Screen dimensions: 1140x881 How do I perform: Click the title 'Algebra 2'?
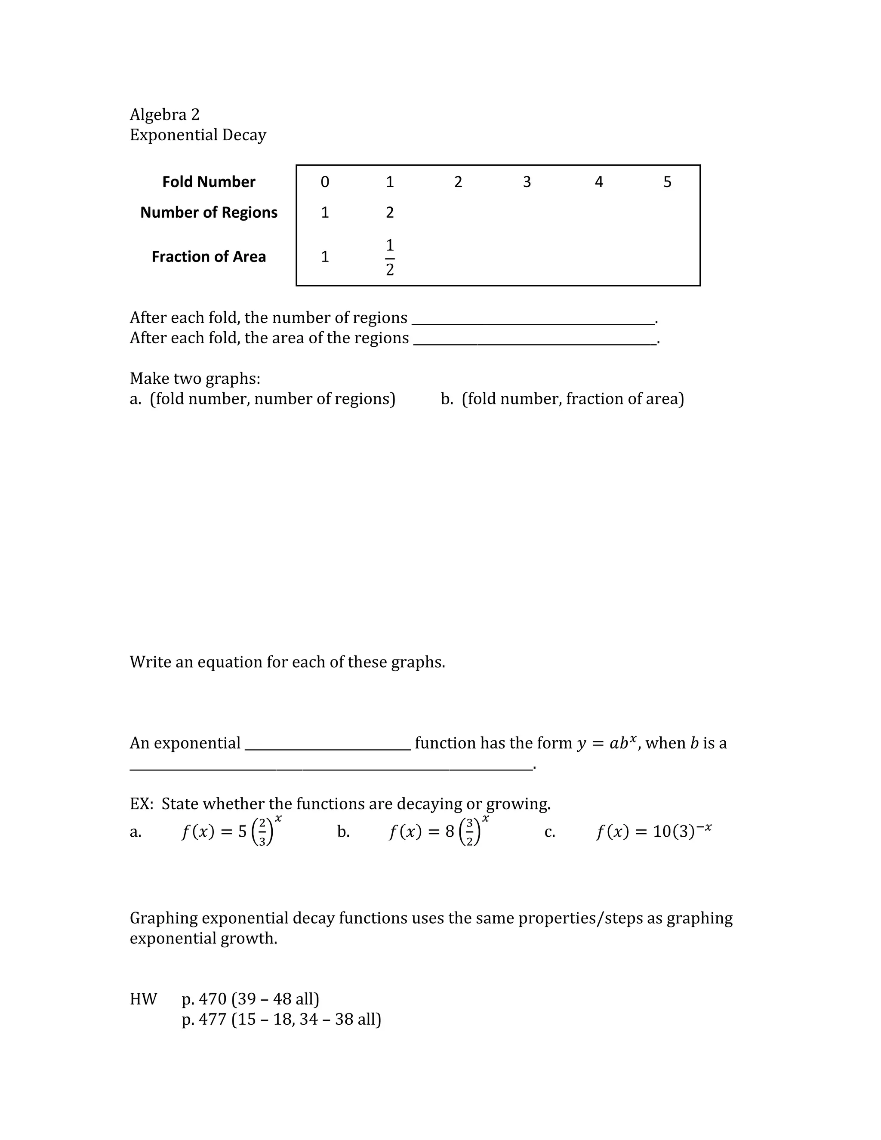[x=164, y=114]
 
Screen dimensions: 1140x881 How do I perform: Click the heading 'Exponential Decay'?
[x=198, y=135]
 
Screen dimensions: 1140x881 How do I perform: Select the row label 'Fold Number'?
[x=209, y=182]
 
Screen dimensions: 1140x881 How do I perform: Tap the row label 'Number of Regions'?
[x=209, y=213]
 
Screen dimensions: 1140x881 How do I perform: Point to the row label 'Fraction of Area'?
[x=209, y=257]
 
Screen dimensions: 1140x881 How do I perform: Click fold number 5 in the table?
[x=667, y=182]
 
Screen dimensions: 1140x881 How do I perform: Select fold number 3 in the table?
[x=527, y=182]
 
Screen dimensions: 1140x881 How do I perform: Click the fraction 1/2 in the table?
[x=390, y=257]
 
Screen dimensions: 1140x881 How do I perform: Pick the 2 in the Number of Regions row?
[x=390, y=213]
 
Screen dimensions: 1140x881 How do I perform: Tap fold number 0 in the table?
[x=325, y=182]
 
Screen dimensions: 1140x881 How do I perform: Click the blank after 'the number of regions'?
[x=533, y=320]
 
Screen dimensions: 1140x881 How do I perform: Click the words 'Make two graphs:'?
[x=195, y=378]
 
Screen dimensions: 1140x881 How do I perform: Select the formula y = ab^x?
[x=607, y=743]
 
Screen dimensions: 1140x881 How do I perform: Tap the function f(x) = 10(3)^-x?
[x=654, y=831]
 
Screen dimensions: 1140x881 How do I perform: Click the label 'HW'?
[x=143, y=998]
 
